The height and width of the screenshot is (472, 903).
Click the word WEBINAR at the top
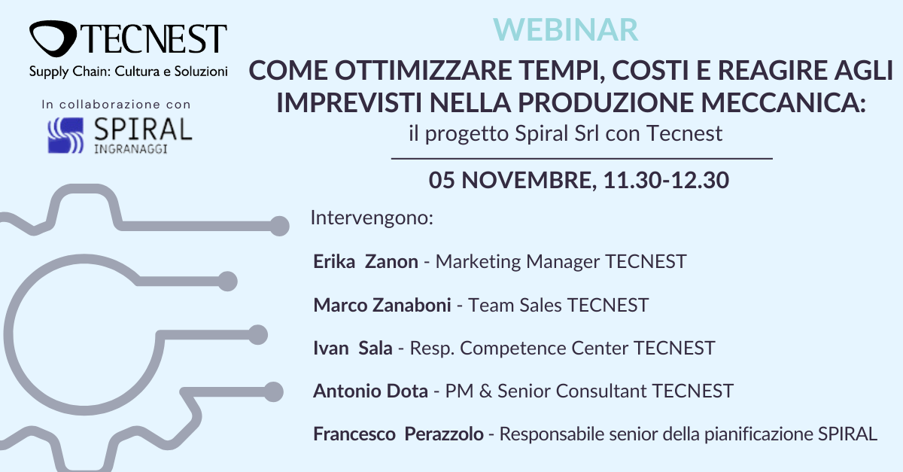(565, 30)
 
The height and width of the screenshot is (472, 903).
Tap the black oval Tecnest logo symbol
(53, 38)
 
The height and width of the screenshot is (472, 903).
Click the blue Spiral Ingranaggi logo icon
(65, 136)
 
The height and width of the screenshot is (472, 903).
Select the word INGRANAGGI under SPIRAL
(131, 149)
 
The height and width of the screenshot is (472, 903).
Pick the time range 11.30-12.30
(666, 180)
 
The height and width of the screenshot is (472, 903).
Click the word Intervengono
(372, 218)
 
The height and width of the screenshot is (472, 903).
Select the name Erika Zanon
(366, 261)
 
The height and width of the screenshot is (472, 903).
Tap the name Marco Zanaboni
(382, 305)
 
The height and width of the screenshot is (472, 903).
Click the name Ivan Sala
(353, 348)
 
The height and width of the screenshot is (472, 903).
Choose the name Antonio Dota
(370, 391)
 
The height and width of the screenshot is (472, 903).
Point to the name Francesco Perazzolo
(398, 434)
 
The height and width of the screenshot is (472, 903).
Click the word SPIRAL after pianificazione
(847, 434)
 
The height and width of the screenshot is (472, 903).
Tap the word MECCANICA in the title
(783, 102)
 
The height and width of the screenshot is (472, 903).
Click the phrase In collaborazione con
(116, 105)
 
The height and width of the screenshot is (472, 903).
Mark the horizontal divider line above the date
(582, 159)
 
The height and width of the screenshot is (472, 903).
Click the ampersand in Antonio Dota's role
(485, 391)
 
